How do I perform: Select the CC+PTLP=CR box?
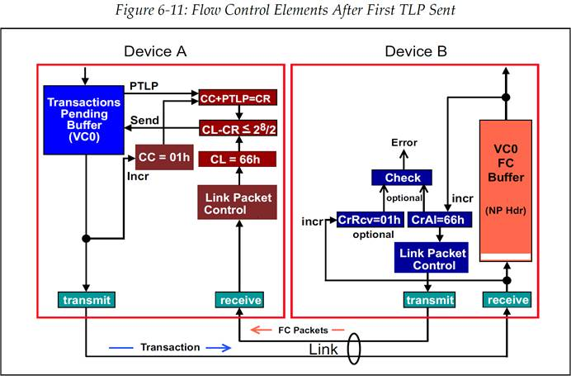(238, 98)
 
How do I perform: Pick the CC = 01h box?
(163, 155)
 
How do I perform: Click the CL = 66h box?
(238, 158)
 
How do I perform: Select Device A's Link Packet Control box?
(238, 202)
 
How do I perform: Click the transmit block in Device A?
(86, 299)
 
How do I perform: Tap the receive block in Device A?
(238, 299)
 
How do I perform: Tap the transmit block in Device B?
(428, 299)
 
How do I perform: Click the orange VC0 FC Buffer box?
(506, 190)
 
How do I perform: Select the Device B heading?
(416, 52)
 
